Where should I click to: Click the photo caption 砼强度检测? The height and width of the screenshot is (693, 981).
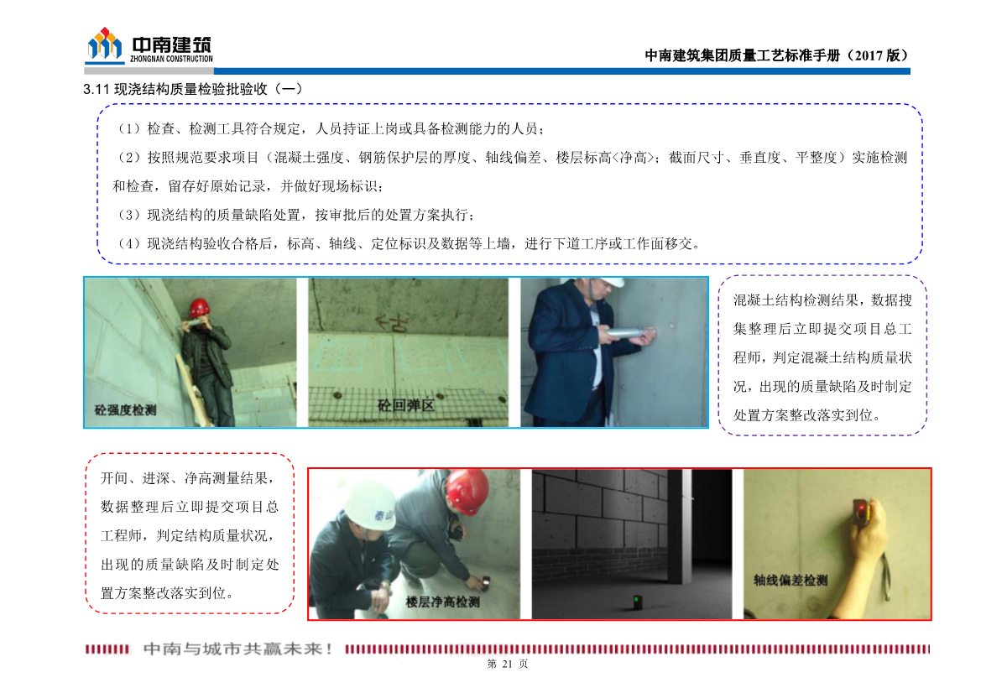point(125,410)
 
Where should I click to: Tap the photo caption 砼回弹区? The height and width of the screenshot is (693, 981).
point(405,406)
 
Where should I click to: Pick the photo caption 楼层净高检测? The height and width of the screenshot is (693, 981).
point(442,602)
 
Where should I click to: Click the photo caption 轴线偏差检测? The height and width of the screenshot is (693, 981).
point(790,580)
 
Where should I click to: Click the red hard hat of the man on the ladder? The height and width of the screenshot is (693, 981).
point(199,307)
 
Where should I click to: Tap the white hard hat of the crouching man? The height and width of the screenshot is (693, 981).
point(369,505)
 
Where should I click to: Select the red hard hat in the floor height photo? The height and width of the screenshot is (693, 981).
point(467,492)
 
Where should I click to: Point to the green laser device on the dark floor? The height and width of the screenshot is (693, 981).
point(637,600)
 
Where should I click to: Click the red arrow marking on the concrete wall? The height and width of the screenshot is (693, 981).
point(386,321)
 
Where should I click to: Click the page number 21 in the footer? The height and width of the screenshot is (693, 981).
point(506,664)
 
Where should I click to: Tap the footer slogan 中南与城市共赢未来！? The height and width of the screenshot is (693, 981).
point(239,649)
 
